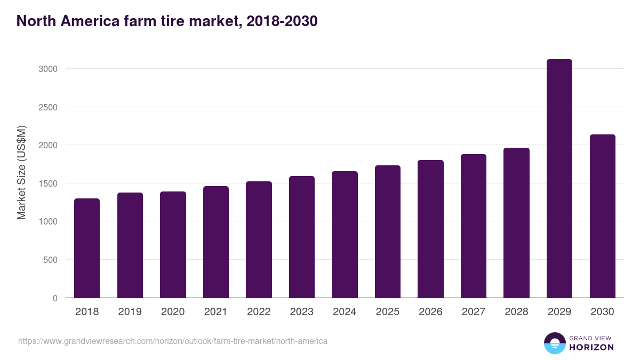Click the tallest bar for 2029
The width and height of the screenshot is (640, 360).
[x=559, y=179]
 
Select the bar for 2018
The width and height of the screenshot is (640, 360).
[x=87, y=248]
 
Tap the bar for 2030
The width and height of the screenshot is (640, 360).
[x=602, y=216]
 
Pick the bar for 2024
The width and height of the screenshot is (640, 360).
[x=345, y=235]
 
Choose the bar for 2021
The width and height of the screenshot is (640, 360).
[x=216, y=242]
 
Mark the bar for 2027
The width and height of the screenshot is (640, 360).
[x=474, y=226]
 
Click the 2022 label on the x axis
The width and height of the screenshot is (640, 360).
[x=259, y=312]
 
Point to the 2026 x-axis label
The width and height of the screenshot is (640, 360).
[x=430, y=312]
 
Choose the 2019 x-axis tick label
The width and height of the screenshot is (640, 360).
[x=130, y=312]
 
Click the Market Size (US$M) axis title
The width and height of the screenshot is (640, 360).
[x=22, y=172]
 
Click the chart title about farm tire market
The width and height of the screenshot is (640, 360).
[x=167, y=21]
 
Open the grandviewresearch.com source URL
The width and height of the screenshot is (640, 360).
[x=173, y=341]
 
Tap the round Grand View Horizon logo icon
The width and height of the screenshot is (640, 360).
[x=554, y=343]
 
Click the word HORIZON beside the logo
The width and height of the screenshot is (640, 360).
[x=591, y=347]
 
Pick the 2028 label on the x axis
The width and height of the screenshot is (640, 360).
[x=516, y=312]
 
